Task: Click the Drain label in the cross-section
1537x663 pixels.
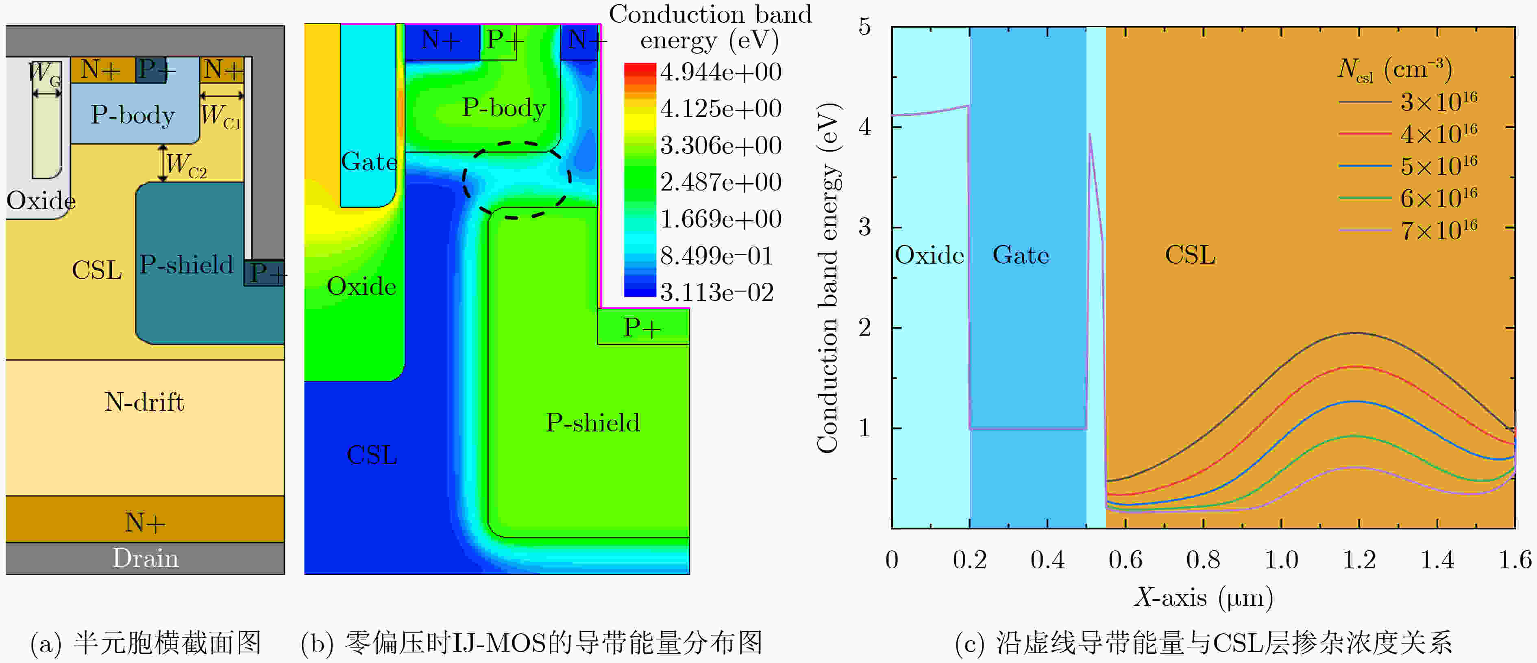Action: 146,559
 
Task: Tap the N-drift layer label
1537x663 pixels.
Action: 144,402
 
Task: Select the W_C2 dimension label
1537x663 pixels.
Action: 186,164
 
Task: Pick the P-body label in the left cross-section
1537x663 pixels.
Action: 133,115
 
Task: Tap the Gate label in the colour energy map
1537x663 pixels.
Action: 369,162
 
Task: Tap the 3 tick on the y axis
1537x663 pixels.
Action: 864,227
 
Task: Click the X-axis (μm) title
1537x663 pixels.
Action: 1204,597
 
